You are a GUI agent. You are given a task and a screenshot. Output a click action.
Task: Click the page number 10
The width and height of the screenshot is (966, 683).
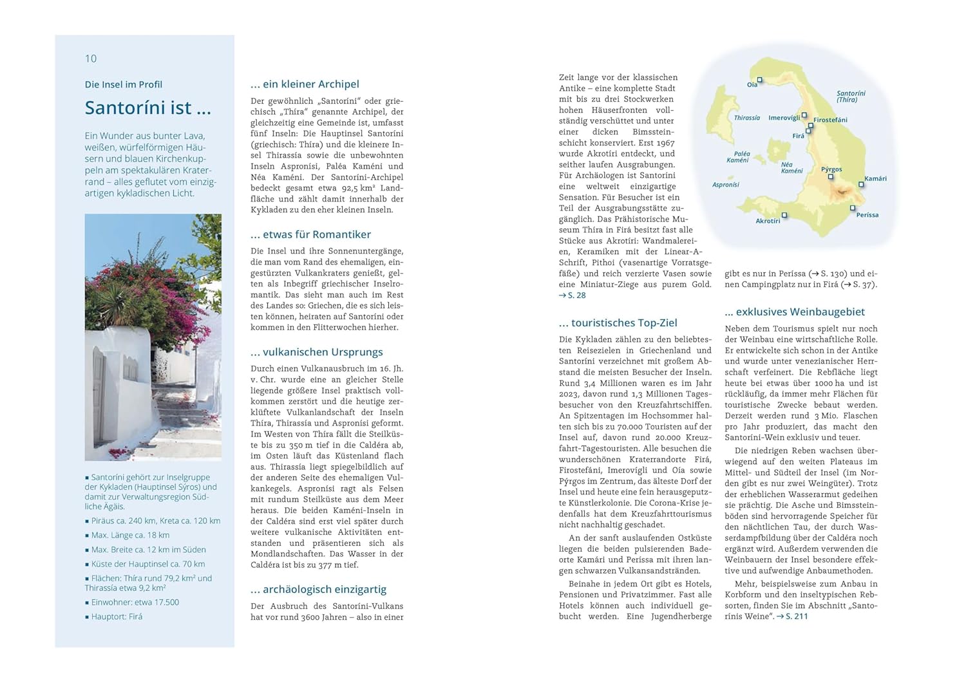(91, 59)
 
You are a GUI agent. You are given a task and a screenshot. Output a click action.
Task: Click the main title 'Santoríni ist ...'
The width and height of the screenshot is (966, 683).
(147, 108)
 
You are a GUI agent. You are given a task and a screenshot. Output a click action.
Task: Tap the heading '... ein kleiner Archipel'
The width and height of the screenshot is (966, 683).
(305, 84)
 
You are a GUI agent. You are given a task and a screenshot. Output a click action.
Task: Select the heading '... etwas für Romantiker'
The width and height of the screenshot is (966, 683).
(310, 234)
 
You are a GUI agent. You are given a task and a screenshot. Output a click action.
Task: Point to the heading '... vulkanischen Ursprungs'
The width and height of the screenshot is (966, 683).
(316, 351)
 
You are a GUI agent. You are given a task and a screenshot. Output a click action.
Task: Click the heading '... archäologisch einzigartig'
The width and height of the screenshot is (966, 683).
(318, 589)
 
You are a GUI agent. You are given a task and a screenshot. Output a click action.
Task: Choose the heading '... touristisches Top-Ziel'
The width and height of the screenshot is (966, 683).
(618, 323)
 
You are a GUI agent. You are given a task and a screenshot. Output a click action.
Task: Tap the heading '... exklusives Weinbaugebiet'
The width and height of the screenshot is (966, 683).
(794, 312)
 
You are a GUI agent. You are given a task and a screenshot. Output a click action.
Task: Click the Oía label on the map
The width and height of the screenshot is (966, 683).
(752, 85)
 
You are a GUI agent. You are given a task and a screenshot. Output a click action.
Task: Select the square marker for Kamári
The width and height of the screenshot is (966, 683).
(861, 185)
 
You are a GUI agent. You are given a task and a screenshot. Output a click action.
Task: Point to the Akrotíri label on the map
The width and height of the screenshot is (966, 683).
(768, 221)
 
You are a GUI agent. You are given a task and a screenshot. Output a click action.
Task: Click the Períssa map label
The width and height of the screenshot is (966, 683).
(867, 215)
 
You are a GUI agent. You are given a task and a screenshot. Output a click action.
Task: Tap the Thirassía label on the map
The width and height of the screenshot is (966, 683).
(746, 118)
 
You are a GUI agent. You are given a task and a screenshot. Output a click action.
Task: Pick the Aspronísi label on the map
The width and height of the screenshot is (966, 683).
(725, 185)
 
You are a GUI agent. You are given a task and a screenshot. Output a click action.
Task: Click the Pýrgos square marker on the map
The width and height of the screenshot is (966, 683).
(831, 176)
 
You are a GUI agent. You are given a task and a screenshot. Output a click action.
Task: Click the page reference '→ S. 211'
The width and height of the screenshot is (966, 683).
(792, 616)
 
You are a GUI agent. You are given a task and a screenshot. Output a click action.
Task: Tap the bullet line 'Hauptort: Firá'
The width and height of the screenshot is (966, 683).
(117, 617)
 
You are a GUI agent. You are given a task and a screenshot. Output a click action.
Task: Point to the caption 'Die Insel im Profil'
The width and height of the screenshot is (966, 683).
(123, 84)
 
